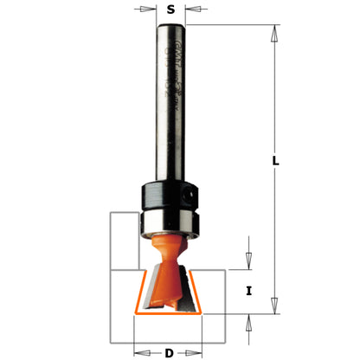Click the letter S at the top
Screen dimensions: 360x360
click(x=171, y=10)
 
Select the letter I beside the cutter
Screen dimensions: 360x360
click(x=249, y=291)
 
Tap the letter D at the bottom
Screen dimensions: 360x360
click(x=168, y=351)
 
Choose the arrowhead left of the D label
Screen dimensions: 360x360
click(x=138, y=351)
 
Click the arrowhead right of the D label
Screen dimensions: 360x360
click(x=198, y=351)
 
